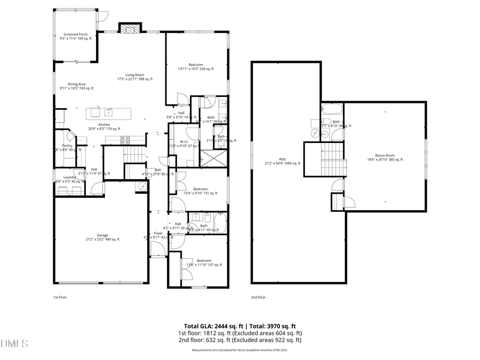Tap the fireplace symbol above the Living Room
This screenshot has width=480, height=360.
[130, 29]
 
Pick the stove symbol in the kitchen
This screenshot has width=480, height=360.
[126, 140]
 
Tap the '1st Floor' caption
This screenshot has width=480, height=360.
[60, 297]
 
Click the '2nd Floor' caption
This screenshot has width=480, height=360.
[258, 297]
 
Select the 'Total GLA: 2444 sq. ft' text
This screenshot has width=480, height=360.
[210, 326]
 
